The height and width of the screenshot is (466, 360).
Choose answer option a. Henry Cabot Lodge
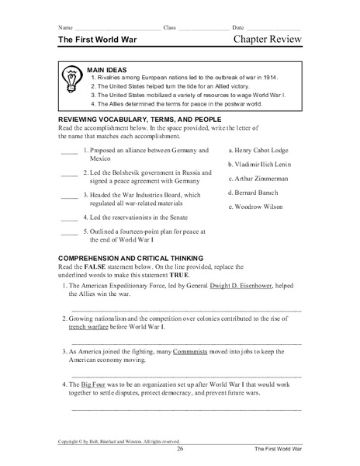click(x=258, y=149)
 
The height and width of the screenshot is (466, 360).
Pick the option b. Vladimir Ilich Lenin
click(x=261, y=164)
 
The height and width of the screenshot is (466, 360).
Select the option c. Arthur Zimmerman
click(x=258, y=179)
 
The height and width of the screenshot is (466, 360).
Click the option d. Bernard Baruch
click(x=253, y=193)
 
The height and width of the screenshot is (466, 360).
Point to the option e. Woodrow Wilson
click(x=254, y=207)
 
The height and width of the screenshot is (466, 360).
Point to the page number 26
click(x=180, y=449)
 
